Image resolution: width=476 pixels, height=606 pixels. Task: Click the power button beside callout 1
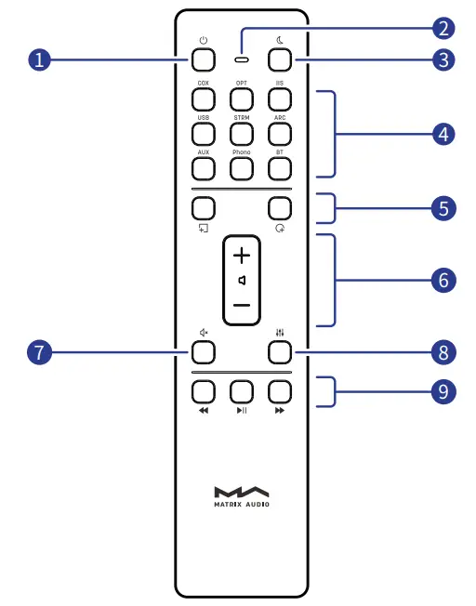click(x=204, y=60)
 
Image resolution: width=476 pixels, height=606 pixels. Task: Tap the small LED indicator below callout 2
click(x=242, y=60)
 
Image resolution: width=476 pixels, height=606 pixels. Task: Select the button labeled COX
click(x=204, y=101)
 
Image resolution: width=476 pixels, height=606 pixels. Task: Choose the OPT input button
click(x=242, y=101)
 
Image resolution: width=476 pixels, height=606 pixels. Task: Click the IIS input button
click(x=279, y=101)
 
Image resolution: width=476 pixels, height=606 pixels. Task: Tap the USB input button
click(x=204, y=135)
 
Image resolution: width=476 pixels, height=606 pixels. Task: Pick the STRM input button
click(x=242, y=135)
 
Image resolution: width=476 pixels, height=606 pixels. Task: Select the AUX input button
click(x=204, y=168)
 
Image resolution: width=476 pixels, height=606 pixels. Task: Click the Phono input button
click(x=242, y=168)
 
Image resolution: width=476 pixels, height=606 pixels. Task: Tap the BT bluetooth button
click(x=279, y=168)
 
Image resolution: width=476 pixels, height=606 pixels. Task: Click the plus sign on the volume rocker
click(x=242, y=254)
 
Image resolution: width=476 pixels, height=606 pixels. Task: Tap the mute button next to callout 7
click(x=204, y=352)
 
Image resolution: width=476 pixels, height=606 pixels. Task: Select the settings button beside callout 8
click(x=279, y=352)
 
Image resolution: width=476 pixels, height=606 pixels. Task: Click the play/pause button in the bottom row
click(x=242, y=391)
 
